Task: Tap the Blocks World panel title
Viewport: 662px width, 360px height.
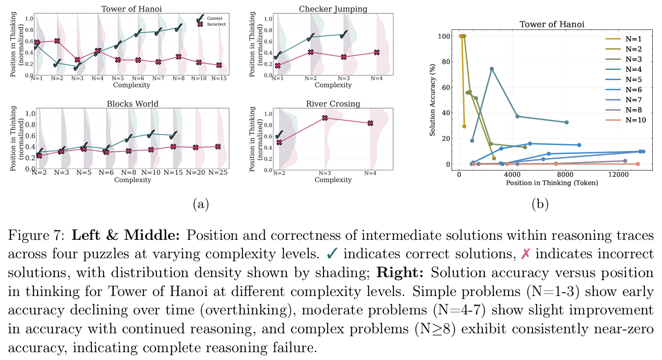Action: (130, 104)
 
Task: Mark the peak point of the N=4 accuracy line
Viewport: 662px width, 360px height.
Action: (492, 69)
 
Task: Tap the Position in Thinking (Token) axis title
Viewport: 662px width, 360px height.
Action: (552, 183)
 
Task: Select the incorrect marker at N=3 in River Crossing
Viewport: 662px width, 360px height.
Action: (325, 118)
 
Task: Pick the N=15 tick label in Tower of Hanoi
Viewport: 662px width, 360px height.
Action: (219, 78)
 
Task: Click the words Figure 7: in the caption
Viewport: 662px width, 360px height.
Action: (32, 236)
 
